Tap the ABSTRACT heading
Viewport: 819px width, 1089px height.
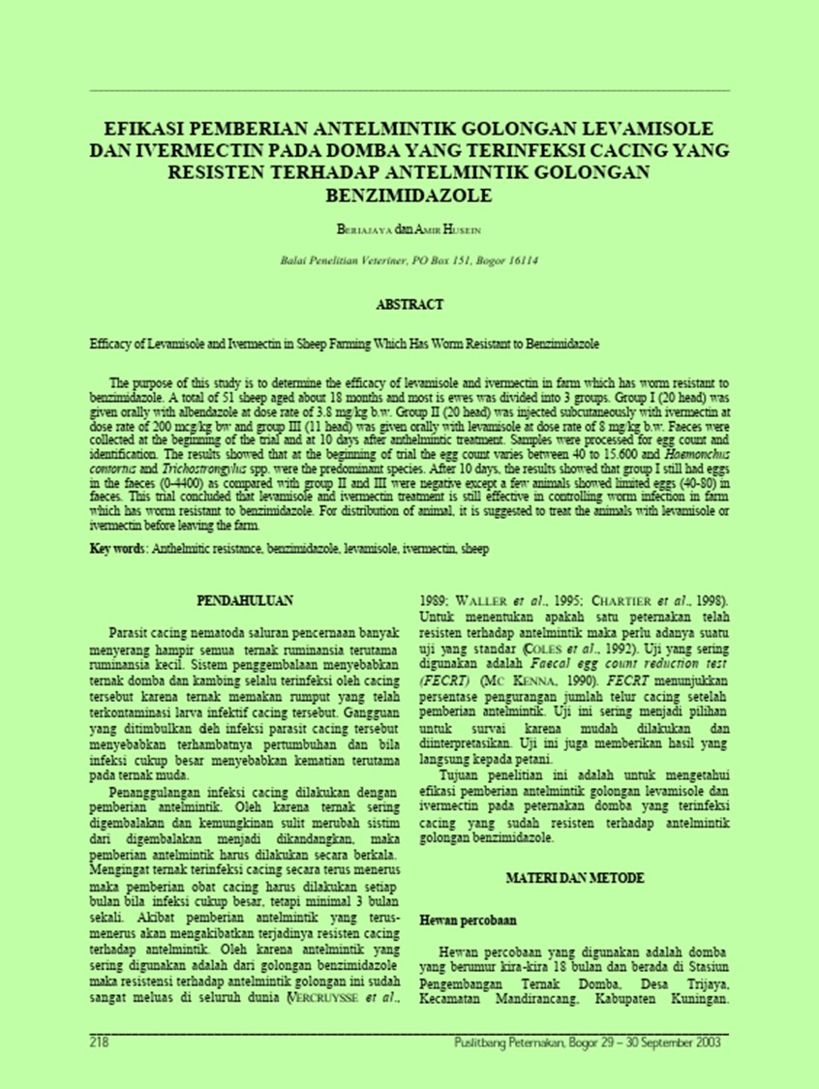point(409,304)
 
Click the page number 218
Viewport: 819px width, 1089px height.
point(98,1043)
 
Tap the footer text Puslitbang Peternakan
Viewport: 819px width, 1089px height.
point(509,1043)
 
